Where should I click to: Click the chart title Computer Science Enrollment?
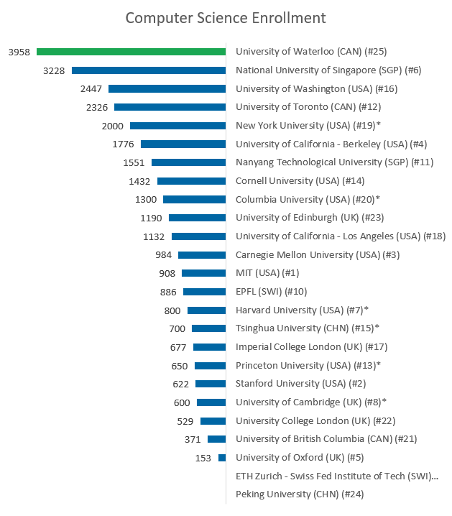226,17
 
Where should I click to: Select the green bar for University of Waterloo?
132,52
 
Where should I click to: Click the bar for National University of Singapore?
149,70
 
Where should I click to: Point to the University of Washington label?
316,89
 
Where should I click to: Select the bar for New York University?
178,126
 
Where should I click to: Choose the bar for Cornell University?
191,181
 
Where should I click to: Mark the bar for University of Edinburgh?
197,218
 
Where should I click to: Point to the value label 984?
164,254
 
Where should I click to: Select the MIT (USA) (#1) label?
267,273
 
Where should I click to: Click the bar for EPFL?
204,292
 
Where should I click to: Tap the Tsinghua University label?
308,328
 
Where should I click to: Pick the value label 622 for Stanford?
181,384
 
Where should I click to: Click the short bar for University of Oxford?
222,458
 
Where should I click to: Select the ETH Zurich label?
336,476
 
